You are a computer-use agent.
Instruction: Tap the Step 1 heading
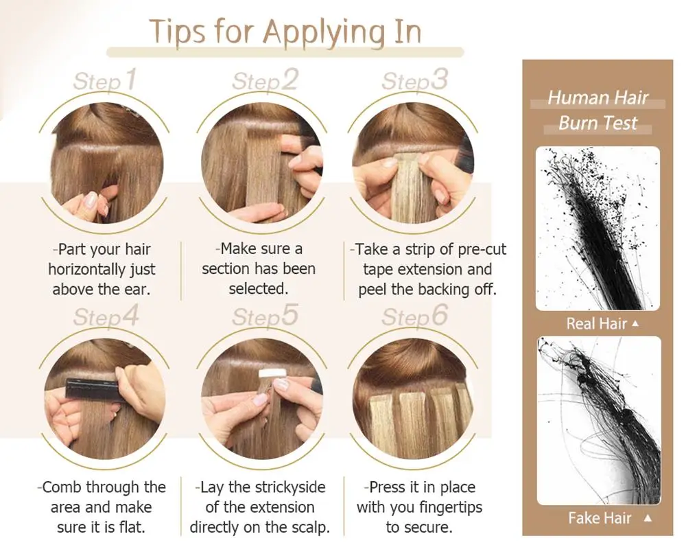click(105, 80)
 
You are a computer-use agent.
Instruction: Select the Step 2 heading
click(265, 80)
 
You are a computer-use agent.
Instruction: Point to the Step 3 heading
click(415, 80)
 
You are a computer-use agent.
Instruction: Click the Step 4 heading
click(106, 316)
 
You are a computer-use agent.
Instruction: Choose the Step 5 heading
click(265, 316)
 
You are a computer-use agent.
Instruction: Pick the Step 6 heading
click(415, 316)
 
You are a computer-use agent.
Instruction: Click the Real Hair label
click(596, 323)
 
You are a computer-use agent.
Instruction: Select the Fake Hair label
click(600, 518)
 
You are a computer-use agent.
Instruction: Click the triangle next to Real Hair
click(636, 323)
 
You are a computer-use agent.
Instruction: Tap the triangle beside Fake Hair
click(648, 518)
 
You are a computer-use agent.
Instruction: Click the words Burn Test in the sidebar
click(598, 123)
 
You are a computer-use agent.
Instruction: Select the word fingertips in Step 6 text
click(451, 507)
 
